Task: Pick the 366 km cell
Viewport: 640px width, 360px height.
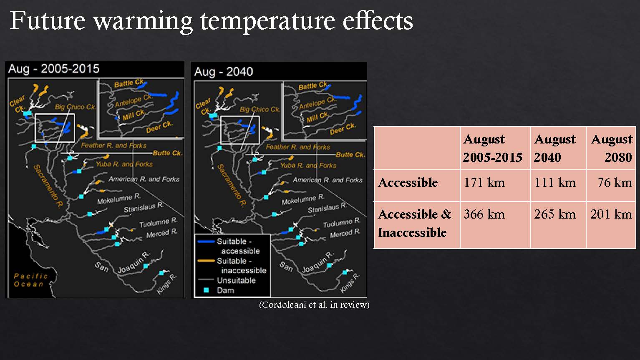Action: pyautogui.click(x=495, y=224)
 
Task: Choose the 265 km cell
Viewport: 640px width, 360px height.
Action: pyautogui.click(x=558, y=224)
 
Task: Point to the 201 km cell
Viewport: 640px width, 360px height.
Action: pyautogui.click(x=611, y=224)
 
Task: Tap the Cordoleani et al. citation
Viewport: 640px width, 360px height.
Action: pyautogui.click(x=314, y=305)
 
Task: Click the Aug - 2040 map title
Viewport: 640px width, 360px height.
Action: pyautogui.click(x=224, y=72)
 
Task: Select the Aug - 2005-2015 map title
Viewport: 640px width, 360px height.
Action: pyautogui.click(x=54, y=69)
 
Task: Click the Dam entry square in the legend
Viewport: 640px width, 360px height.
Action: pyautogui.click(x=206, y=290)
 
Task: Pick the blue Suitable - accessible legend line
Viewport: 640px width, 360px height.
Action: pyautogui.click(x=206, y=242)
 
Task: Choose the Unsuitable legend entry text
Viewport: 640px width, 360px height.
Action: pyautogui.click(x=236, y=280)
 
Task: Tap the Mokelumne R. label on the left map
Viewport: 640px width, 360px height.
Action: pyautogui.click(x=119, y=199)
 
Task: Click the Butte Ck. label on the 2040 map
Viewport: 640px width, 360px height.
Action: pyautogui.click(x=350, y=155)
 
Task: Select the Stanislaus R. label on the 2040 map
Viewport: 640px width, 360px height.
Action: pyautogui.click(x=327, y=208)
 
